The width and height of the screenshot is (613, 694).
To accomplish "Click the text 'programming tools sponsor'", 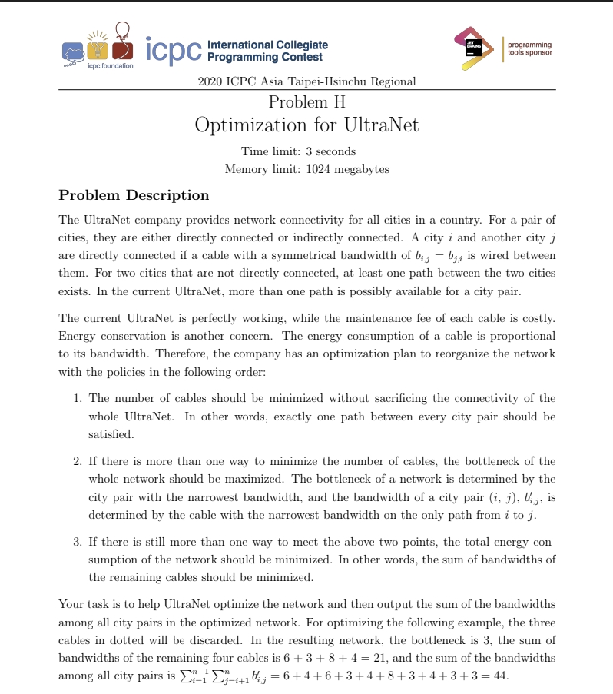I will click(529, 49).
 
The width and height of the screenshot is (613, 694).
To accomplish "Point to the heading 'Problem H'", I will click(306, 101).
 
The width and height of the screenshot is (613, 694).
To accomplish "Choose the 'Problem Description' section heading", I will click(134, 195).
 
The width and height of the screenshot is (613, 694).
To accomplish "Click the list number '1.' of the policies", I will click(78, 398).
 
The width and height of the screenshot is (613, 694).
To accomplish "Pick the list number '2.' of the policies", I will click(78, 461).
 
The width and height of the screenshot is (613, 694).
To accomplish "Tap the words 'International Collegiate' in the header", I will click(267, 45).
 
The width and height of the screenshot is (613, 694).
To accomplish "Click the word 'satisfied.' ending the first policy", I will click(111, 434).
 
